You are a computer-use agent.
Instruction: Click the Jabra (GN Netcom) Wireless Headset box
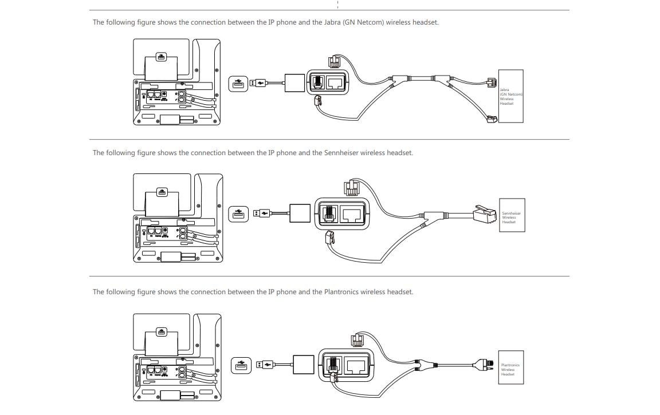tap(510, 96)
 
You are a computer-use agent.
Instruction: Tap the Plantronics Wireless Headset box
tap(511, 367)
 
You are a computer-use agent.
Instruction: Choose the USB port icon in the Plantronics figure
tap(241, 365)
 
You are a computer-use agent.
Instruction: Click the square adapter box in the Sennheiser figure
tap(300, 213)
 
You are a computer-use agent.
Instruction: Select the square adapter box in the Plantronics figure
tap(304, 365)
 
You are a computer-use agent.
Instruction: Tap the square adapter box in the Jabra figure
tap(294, 83)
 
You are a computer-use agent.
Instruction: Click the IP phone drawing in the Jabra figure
tap(176, 82)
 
